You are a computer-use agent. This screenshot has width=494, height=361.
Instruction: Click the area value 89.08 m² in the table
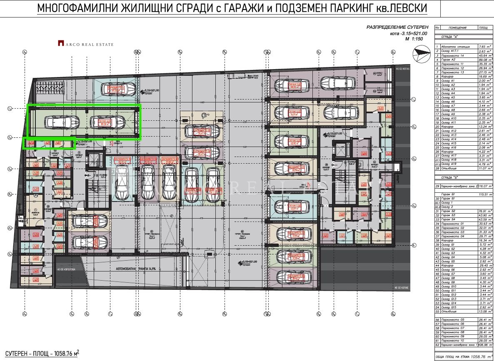[x=485, y=60]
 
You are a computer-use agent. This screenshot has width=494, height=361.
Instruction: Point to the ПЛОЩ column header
[x=484, y=27]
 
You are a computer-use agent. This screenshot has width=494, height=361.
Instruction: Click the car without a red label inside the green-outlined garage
[x=62, y=122]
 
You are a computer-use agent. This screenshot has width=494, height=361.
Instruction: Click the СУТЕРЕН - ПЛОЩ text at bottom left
[x=39, y=354]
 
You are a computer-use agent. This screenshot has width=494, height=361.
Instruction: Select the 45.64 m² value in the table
[x=485, y=55]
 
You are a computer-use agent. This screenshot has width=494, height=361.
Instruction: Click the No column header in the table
[x=437, y=27]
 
